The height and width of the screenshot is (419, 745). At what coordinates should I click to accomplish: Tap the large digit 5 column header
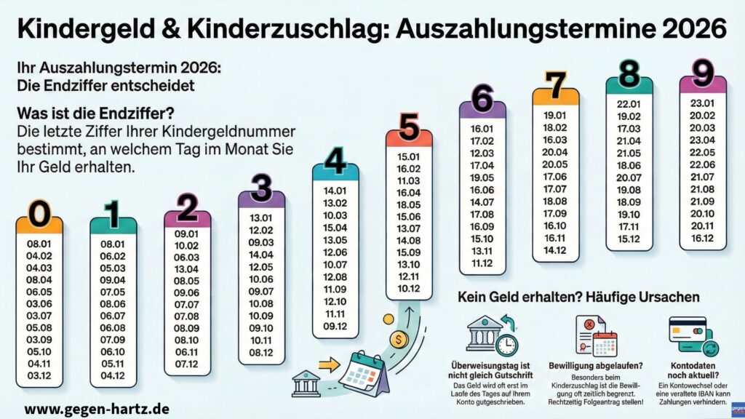[x=409, y=127]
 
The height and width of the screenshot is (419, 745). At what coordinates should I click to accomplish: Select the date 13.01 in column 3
[x=261, y=220]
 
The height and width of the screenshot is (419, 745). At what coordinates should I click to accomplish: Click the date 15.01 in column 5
[x=409, y=157]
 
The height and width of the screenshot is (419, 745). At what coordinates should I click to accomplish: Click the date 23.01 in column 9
[x=703, y=103]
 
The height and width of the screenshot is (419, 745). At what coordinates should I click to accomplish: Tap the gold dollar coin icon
[x=397, y=339]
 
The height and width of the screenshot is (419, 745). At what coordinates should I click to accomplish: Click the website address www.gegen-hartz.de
[x=96, y=408]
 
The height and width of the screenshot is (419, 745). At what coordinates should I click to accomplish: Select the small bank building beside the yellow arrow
[x=306, y=383]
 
